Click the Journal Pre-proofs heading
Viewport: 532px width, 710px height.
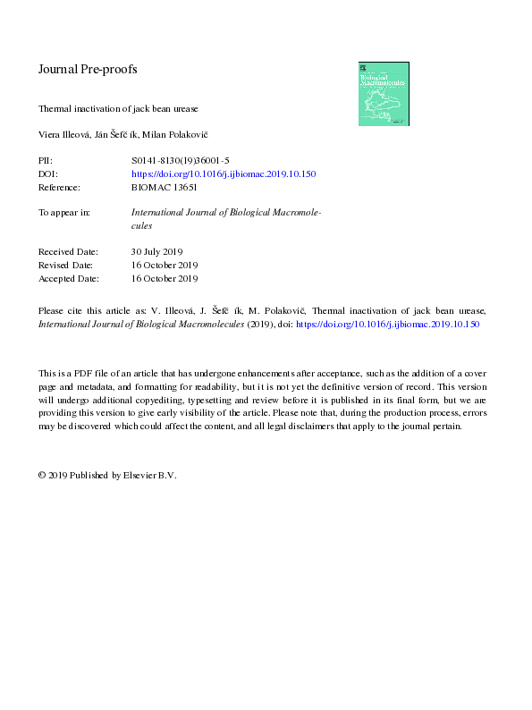[x=87, y=69]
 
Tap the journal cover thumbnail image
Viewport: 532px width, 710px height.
[x=384, y=93]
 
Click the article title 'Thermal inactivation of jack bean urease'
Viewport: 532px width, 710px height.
[x=117, y=108]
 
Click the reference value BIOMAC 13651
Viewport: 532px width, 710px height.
[x=164, y=188]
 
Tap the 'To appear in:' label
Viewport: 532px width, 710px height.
[x=64, y=213]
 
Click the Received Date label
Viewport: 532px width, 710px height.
[x=68, y=252]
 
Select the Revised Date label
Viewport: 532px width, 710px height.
[x=66, y=266]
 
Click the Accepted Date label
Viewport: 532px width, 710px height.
[x=68, y=279]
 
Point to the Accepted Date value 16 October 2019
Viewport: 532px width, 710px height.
[x=165, y=279]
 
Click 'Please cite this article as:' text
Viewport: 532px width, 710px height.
[x=95, y=310]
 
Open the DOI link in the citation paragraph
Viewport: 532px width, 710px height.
[x=387, y=324]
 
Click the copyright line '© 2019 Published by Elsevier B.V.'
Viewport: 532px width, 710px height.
[x=107, y=476]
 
